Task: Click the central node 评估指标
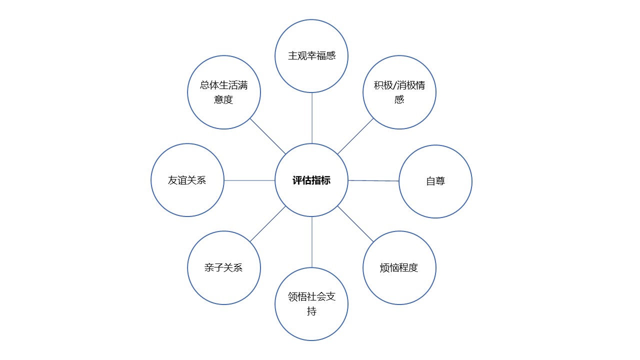click(311, 180)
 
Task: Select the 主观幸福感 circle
click(311, 56)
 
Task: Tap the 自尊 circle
click(435, 181)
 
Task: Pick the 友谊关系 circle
click(187, 180)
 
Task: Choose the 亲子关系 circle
click(224, 267)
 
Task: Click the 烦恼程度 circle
click(399, 267)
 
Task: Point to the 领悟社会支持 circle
click(311, 304)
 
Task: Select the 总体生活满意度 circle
click(224, 92)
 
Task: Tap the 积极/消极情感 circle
click(399, 92)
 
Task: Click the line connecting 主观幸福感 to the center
click(311, 118)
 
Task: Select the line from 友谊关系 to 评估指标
click(249, 180)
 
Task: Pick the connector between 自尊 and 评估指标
click(373, 180)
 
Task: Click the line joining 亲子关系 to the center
click(267, 224)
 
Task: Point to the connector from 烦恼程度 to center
click(355, 224)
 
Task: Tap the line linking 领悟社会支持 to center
click(311, 242)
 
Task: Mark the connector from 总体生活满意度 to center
click(267, 136)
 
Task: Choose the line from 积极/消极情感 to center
click(355, 136)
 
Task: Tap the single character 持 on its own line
click(311, 311)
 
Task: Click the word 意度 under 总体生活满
click(223, 99)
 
